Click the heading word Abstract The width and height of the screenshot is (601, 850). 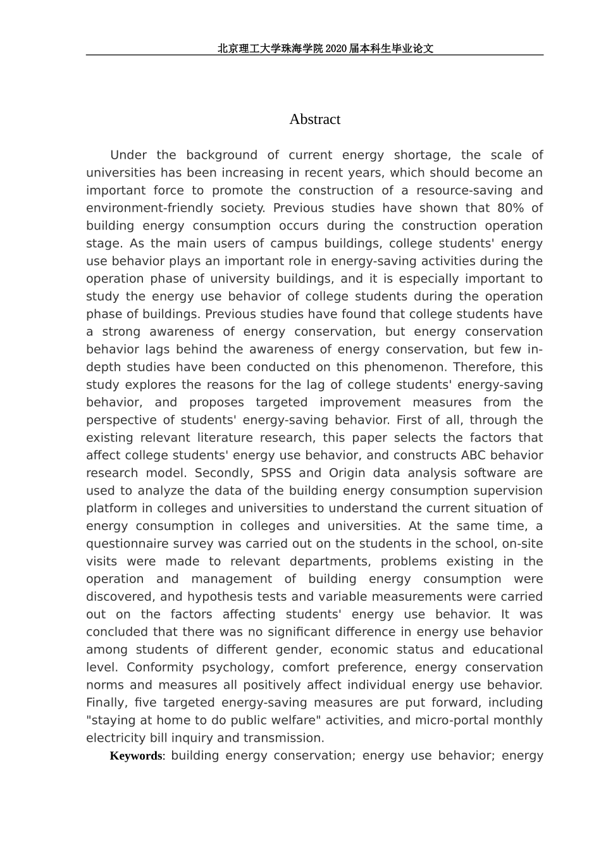pyautogui.click(x=314, y=120)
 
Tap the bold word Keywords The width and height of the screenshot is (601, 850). pyautogui.click(x=136, y=756)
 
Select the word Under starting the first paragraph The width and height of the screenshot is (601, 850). pyautogui.click(x=128, y=155)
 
